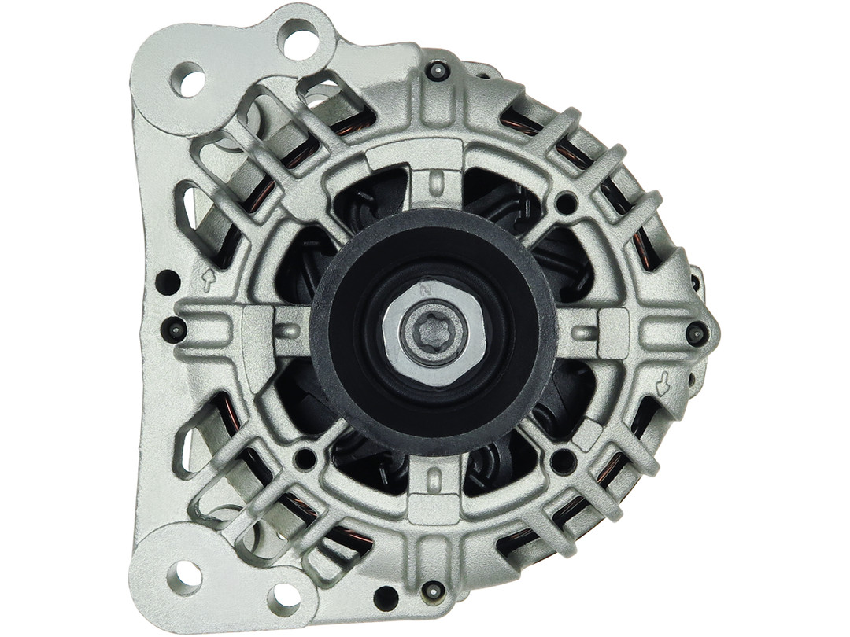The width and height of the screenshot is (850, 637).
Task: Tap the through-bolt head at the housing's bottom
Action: pos(431,590)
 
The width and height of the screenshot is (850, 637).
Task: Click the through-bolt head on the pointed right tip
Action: pos(695,333)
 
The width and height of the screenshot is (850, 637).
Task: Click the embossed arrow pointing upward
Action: pos(209,278)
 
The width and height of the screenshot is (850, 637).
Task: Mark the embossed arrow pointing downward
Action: pos(663,384)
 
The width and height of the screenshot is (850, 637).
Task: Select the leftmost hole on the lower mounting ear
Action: pos(186,576)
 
